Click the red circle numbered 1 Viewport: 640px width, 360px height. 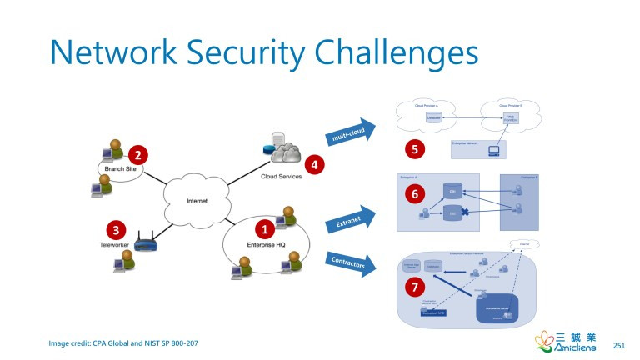pos(265,227)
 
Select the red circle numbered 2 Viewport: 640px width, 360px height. pos(137,154)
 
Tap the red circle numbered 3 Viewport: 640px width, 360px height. pos(117,230)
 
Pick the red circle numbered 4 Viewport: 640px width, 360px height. pos(314,164)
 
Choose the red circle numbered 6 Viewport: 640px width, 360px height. pos(414,193)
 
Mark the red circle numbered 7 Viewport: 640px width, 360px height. pos(413,287)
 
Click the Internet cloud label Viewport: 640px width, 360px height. pos(197,201)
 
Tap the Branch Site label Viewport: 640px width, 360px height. pos(121,169)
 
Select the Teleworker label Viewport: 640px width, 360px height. pos(117,245)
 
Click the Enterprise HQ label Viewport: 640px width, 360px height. pos(266,242)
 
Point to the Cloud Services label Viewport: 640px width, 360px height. pos(282,177)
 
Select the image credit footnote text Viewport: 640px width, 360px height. pos(123,343)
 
